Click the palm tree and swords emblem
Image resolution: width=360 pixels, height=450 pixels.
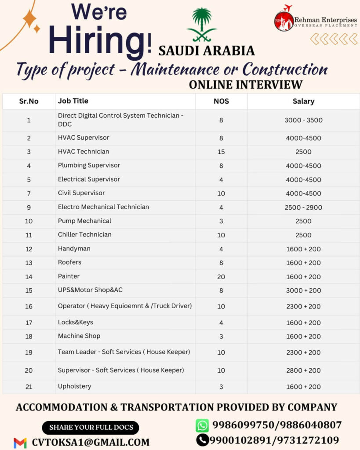click(x=202, y=25)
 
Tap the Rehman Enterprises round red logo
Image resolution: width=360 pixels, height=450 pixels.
click(x=284, y=21)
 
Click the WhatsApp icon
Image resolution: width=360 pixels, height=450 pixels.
click(x=202, y=425)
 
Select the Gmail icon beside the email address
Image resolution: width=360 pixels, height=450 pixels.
click(x=20, y=443)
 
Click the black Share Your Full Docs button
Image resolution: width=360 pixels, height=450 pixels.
click(x=91, y=428)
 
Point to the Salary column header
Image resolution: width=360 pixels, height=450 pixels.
click(x=303, y=102)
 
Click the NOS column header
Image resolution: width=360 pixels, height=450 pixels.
click(x=221, y=102)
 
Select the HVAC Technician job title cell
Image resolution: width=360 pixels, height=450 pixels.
click(x=84, y=152)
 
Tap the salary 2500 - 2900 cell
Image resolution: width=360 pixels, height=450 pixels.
click(x=303, y=207)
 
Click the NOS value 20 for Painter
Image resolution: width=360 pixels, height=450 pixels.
click(x=221, y=277)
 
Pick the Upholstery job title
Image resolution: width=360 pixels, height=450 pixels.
click(x=75, y=386)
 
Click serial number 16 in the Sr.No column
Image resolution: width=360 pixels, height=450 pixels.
click(x=29, y=307)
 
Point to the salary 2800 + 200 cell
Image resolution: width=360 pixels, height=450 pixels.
click(x=303, y=370)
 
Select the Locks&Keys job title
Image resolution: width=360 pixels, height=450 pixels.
click(x=76, y=322)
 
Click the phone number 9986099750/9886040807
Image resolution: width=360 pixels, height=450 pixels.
click(x=277, y=425)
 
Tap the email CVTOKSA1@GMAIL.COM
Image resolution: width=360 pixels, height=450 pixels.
click(x=91, y=442)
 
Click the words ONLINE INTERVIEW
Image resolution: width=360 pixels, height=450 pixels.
click(x=246, y=84)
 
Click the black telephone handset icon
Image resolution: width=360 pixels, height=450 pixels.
click(x=202, y=440)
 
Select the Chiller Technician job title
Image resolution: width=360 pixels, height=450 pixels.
click(x=85, y=235)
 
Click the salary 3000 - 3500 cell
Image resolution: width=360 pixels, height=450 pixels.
click(x=303, y=120)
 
